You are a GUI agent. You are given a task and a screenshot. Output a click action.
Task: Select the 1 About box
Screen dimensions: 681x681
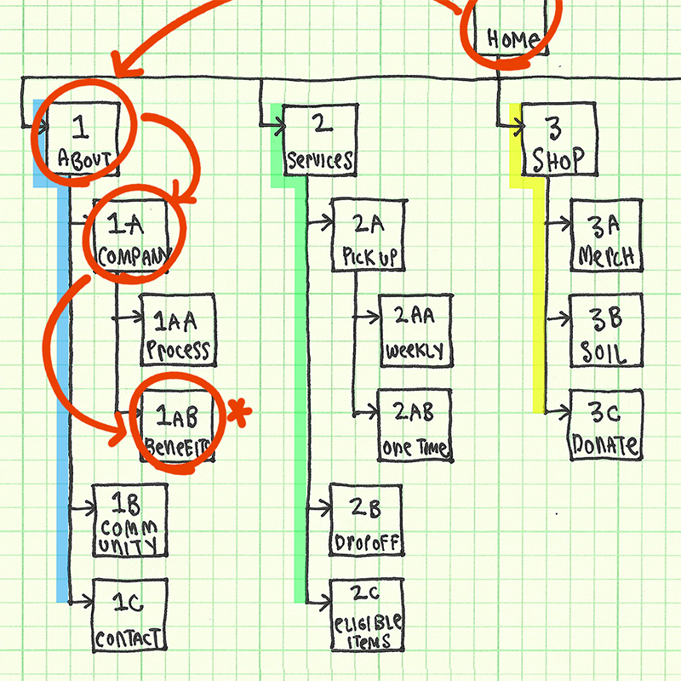coord(81,141)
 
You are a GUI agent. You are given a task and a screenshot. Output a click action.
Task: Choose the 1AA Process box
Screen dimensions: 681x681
coord(177,333)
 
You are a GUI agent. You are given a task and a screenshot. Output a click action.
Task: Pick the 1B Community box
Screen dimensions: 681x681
coord(129,520)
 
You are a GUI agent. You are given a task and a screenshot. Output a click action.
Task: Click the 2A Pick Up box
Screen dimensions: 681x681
coord(368,236)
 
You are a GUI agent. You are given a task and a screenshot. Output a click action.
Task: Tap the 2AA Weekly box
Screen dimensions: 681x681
coord(415,331)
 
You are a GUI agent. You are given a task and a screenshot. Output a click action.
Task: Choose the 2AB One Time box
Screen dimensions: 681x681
coord(415,428)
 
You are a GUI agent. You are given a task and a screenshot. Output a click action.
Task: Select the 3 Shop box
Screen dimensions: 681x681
coord(555,141)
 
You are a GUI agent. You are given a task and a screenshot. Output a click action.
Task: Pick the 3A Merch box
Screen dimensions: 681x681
coord(604,236)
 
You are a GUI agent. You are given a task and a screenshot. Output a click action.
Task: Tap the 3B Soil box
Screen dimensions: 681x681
coord(604,333)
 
